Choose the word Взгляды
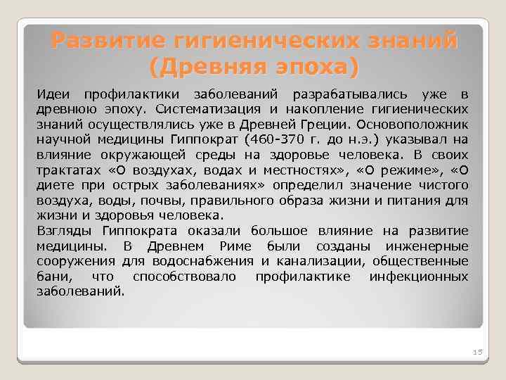pos(65,231)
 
